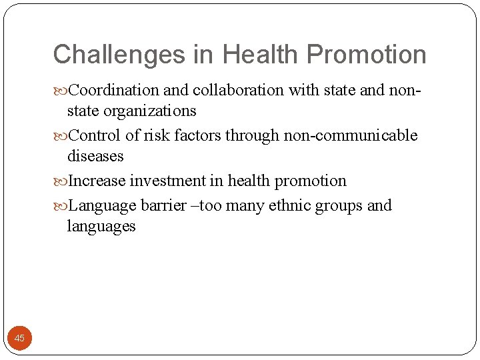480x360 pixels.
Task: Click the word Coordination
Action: click(x=114, y=90)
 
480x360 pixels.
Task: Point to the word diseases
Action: click(x=95, y=156)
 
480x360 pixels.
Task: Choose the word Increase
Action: click(x=97, y=181)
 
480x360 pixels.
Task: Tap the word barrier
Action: click(x=163, y=205)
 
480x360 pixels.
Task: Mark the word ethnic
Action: click(x=289, y=205)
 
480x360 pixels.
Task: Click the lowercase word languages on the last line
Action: click(x=101, y=227)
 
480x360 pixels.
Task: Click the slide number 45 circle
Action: click(x=20, y=338)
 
